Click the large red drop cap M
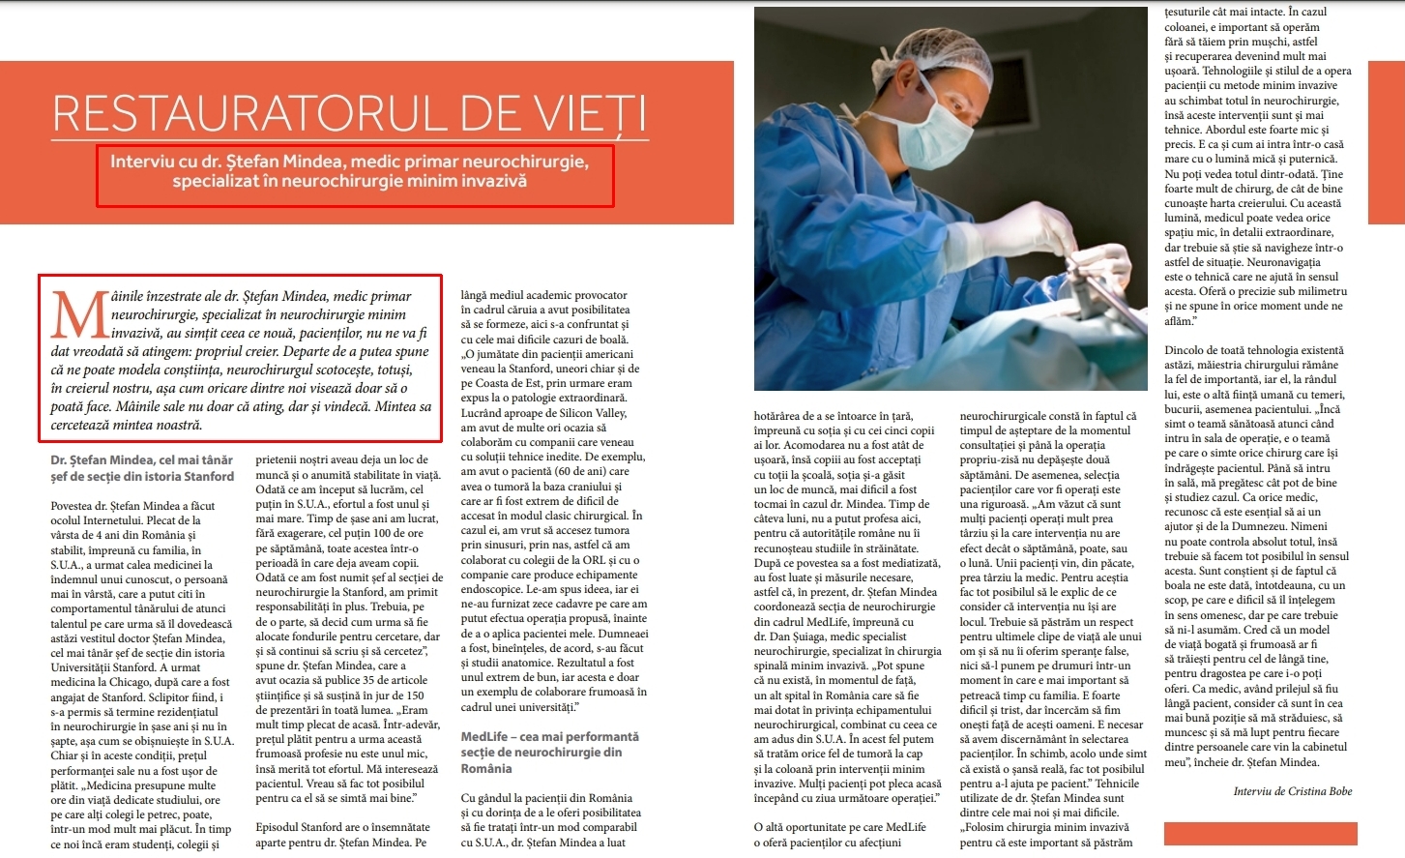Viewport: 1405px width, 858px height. pos(79,315)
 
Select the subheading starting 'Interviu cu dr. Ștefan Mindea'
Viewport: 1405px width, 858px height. pos(349,171)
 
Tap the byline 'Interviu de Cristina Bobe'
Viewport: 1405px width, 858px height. pos(1292,791)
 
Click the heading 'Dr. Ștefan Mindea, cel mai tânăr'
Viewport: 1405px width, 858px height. pos(141,460)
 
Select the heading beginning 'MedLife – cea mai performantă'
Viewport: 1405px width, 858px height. pos(549,737)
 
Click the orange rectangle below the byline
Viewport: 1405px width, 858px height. pos(1260,833)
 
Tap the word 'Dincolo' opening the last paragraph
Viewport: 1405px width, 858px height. pos(1186,350)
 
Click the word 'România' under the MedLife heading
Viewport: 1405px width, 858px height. pos(486,769)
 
